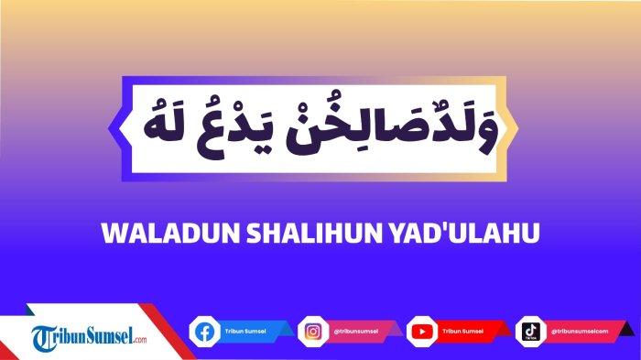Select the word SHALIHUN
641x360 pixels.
click(x=286, y=235)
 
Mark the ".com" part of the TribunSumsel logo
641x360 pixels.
click(x=138, y=341)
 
